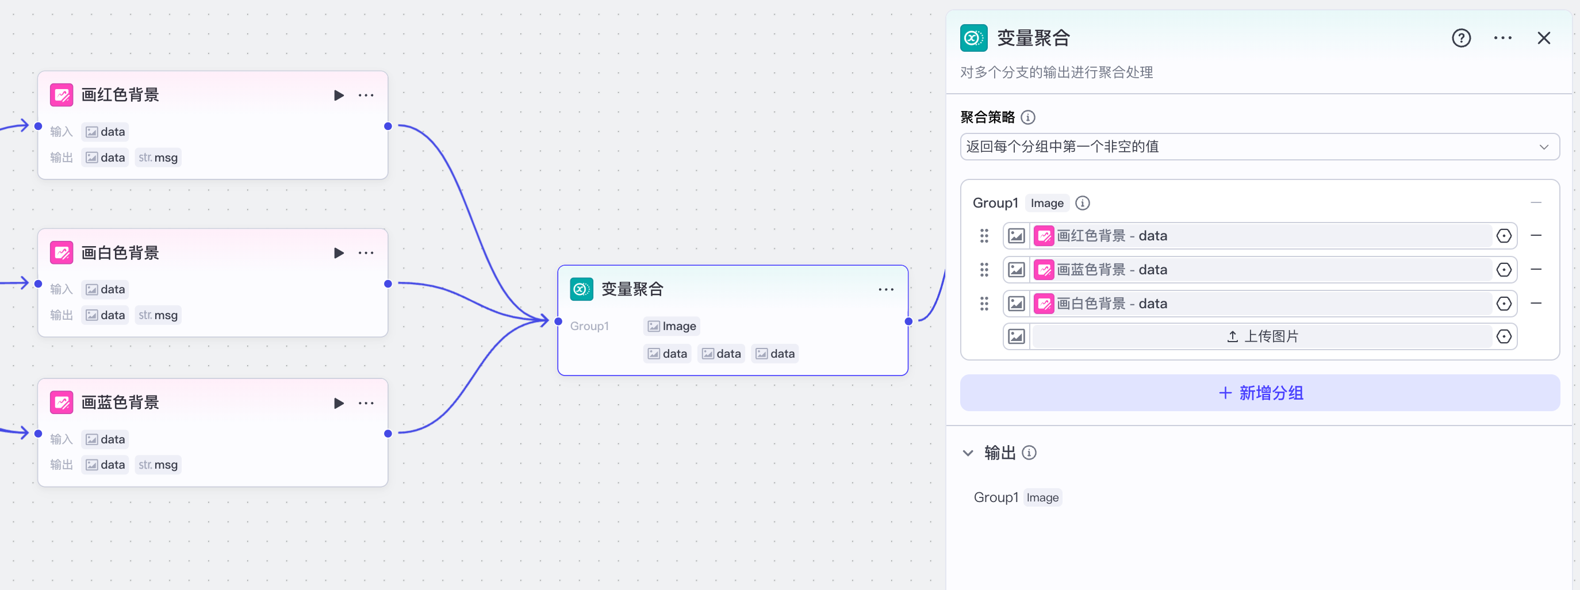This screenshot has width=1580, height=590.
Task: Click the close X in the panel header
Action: click(x=1543, y=38)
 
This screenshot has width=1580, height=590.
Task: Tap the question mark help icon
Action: click(x=1461, y=38)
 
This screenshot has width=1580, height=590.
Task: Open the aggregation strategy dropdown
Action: click(x=1259, y=147)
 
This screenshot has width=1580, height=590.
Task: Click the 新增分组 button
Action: click(x=1259, y=393)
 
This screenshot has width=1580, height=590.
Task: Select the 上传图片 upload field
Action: click(x=1261, y=336)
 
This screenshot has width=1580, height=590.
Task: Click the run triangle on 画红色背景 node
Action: click(x=339, y=95)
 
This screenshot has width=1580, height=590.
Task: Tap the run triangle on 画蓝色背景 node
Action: click(x=339, y=403)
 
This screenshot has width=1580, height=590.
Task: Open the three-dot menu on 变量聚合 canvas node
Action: click(x=885, y=289)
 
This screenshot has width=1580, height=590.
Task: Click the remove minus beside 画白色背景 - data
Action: click(x=1536, y=303)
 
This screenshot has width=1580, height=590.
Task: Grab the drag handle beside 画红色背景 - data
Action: click(x=984, y=236)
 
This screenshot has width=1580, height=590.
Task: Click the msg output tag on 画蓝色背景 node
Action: click(x=158, y=465)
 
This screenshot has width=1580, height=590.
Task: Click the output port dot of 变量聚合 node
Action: click(x=908, y=321)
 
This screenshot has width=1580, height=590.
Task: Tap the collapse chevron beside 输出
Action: click(x=968, y=453)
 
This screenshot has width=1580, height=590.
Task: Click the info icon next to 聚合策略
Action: click(x=1028, y=117)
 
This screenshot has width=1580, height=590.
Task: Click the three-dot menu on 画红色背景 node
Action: click(x=366, y=95)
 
